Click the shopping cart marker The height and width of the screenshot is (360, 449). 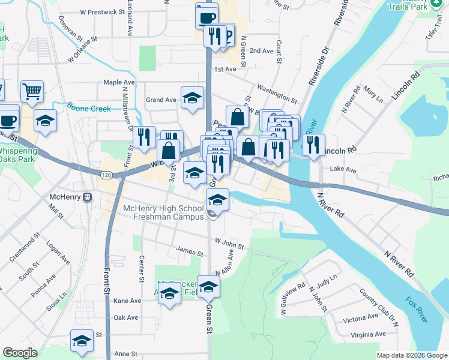32,92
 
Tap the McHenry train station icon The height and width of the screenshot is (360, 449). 87,197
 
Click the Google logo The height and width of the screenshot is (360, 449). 20,353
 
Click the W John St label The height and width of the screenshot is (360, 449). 229,244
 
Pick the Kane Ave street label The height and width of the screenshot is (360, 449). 127,301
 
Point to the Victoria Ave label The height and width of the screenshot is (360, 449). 360,317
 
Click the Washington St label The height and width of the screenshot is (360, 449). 277,92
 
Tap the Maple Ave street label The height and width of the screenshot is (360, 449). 119,82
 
